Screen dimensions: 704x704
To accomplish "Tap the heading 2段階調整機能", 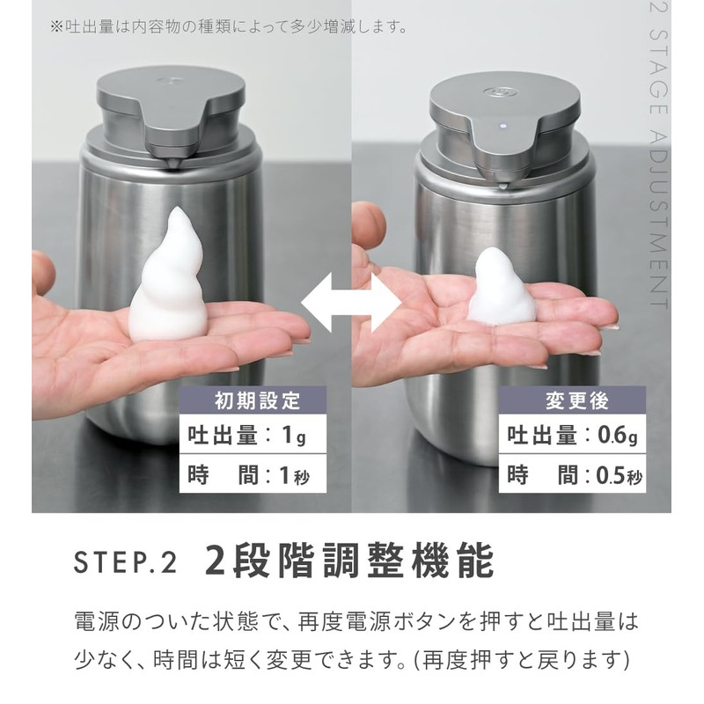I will pos(348,561).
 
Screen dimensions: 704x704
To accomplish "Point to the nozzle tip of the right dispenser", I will pos(502,182).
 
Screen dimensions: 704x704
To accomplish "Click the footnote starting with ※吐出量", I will pos(229,26).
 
